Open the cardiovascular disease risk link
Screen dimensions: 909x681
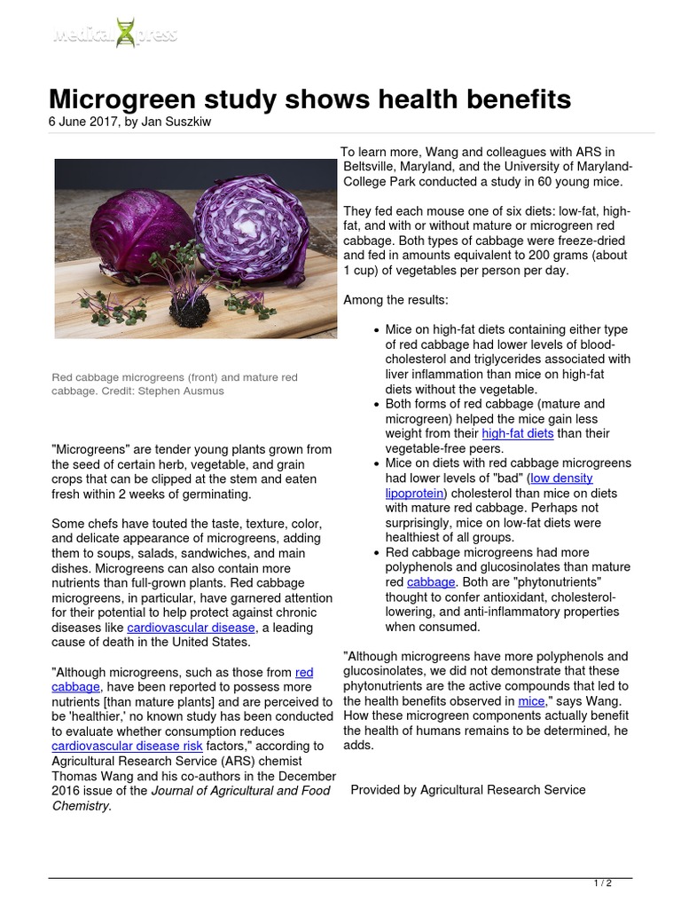click(x=120, y=747)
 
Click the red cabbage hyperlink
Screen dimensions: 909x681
click(x=304, y=672)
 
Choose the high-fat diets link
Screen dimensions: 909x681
click(x=518, y=433)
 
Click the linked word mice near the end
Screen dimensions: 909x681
click(x=531, y=701)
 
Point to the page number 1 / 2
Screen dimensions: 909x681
click(x=602, y=882)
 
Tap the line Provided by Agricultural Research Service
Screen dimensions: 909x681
click(x=468, y=789)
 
